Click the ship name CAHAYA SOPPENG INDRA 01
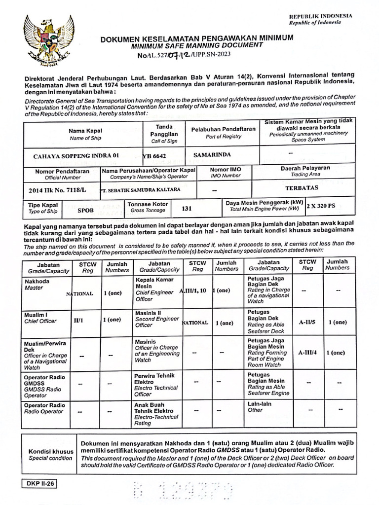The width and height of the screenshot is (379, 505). click(x=76, y=155)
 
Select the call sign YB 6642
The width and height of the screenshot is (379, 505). click(x=154, y=156)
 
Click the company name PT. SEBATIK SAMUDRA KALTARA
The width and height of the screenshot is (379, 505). click(x=140, y=189)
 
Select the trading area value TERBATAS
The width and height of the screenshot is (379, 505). click(x=302, y=188)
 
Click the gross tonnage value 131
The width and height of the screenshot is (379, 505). click(x=187, y=209)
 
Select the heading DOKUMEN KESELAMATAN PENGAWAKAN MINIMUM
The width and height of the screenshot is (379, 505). click(x=197, y=38)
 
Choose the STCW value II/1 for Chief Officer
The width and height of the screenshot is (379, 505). click(x=78, y=320)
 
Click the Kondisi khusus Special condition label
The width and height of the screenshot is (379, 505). click(x=51, y=454)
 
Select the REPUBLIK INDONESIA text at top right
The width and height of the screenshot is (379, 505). click(x=320, y=16)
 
